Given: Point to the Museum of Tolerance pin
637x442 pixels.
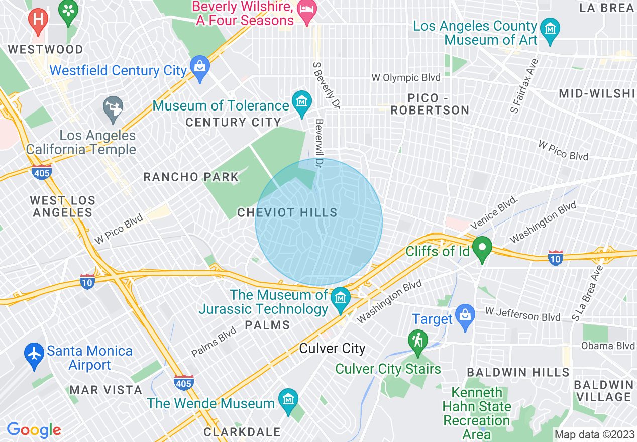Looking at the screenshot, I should pos(301,102).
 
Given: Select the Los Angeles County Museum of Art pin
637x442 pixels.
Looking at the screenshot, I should pos(552,29).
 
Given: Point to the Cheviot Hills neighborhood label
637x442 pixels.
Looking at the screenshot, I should pos(287,213).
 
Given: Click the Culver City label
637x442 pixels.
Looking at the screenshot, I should pos(332,349).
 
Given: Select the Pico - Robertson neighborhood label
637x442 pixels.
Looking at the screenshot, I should pos(430,104).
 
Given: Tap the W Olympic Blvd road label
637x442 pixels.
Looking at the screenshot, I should pos(406,78).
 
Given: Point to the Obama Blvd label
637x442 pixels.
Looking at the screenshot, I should pos(608,346).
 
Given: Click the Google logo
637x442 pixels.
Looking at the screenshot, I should pos(34,430).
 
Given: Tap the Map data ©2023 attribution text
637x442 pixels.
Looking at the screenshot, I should pos(594,434).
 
